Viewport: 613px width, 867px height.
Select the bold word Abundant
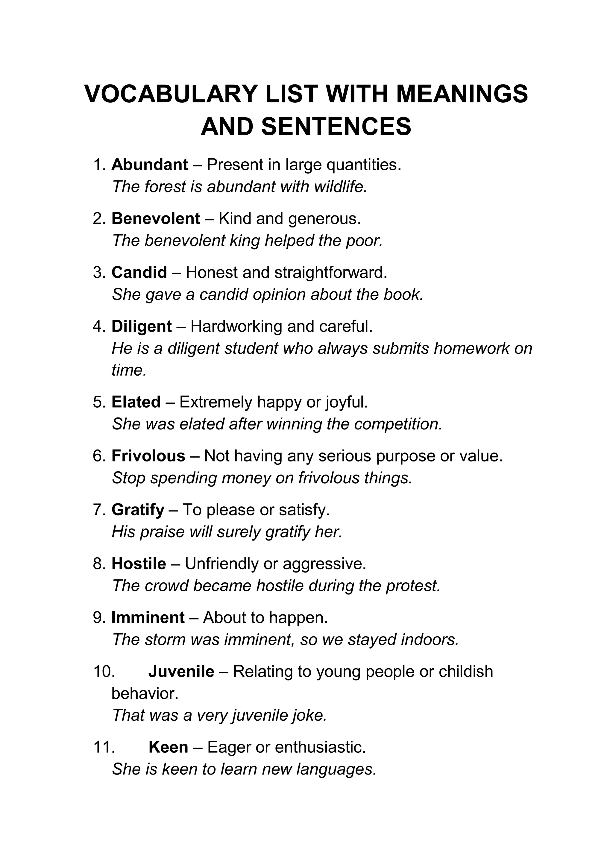click(150, 165)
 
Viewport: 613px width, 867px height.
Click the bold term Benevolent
click(156, 219)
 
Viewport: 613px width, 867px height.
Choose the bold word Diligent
click(142, 326)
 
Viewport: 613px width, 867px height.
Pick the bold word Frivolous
click(148, 456)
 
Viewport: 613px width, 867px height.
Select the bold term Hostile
click(139, 564)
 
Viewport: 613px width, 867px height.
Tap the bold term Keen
click(169, 747)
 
